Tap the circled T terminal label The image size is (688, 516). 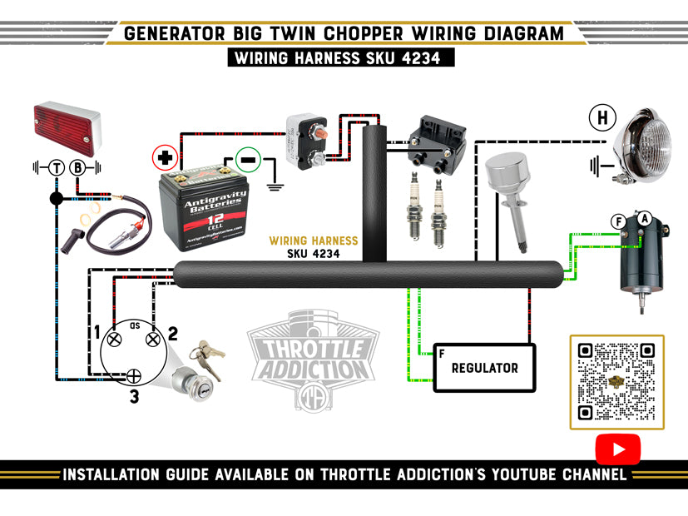coord(57,167)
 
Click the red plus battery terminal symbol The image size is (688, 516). coord(165,156)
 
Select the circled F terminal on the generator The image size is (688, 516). coord(618,221)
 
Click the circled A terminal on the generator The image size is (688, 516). coord(644,217)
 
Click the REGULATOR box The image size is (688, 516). coord(484,367)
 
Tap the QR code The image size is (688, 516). coord(616,381)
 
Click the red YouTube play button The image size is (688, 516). coord(618,449)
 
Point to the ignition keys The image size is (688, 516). coord(209,355)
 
